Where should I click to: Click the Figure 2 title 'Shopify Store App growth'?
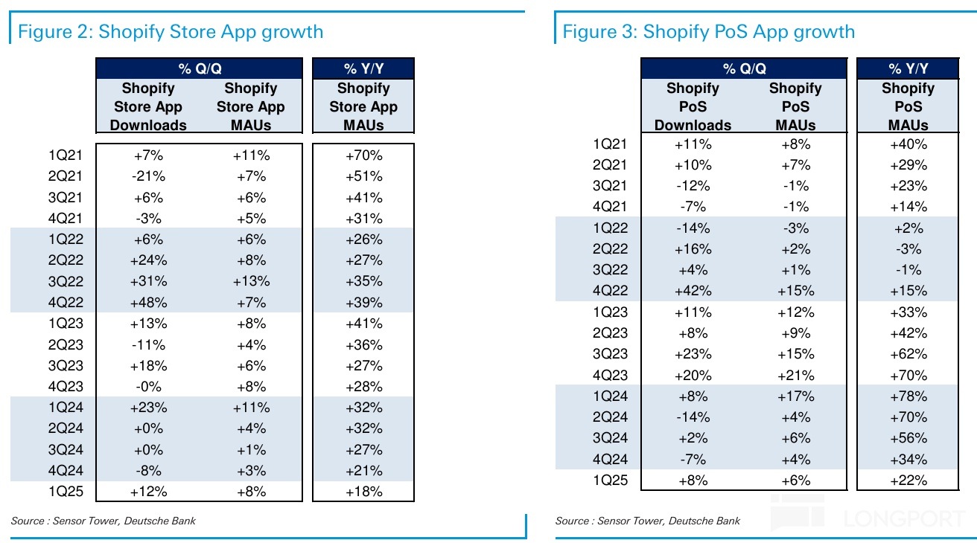pyautogui.click(x=171, y=32)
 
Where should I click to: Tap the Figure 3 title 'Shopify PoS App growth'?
pyautogui.click(x=708, y=32)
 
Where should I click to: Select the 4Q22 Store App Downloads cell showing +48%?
pyautogui.click(x=148, y=303)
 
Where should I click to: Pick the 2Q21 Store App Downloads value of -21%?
pyautogui.click(x=148, y=176)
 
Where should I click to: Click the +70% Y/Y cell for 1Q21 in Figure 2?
pyautogui.click(x=363, y=155)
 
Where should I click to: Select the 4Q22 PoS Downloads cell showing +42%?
pyautogui.click(x=692, y=291)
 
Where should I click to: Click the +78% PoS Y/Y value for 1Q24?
pyautogui.click(x=908, y=396)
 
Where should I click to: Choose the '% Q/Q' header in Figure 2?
pyautogui.click(x=199, y=69)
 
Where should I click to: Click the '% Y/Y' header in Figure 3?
pyautogui.click(x=908, y=69)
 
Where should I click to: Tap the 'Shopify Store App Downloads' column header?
pyautogui.click(x=148, y=106)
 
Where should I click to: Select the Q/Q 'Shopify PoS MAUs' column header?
pyautogui.click(x=795, y=106)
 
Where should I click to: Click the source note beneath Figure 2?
pyautogui.click(x=104, y=521)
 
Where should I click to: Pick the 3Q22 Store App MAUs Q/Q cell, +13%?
pyautogui.click(x=251, y=282)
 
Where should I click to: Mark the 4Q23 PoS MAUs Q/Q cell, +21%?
pyautogui.click(x=795, y=376)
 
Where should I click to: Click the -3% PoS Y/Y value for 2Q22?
pyautogui.click(x=908, y=249)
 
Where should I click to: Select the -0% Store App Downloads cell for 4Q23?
pyautogui.click(x=148, y=387)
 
